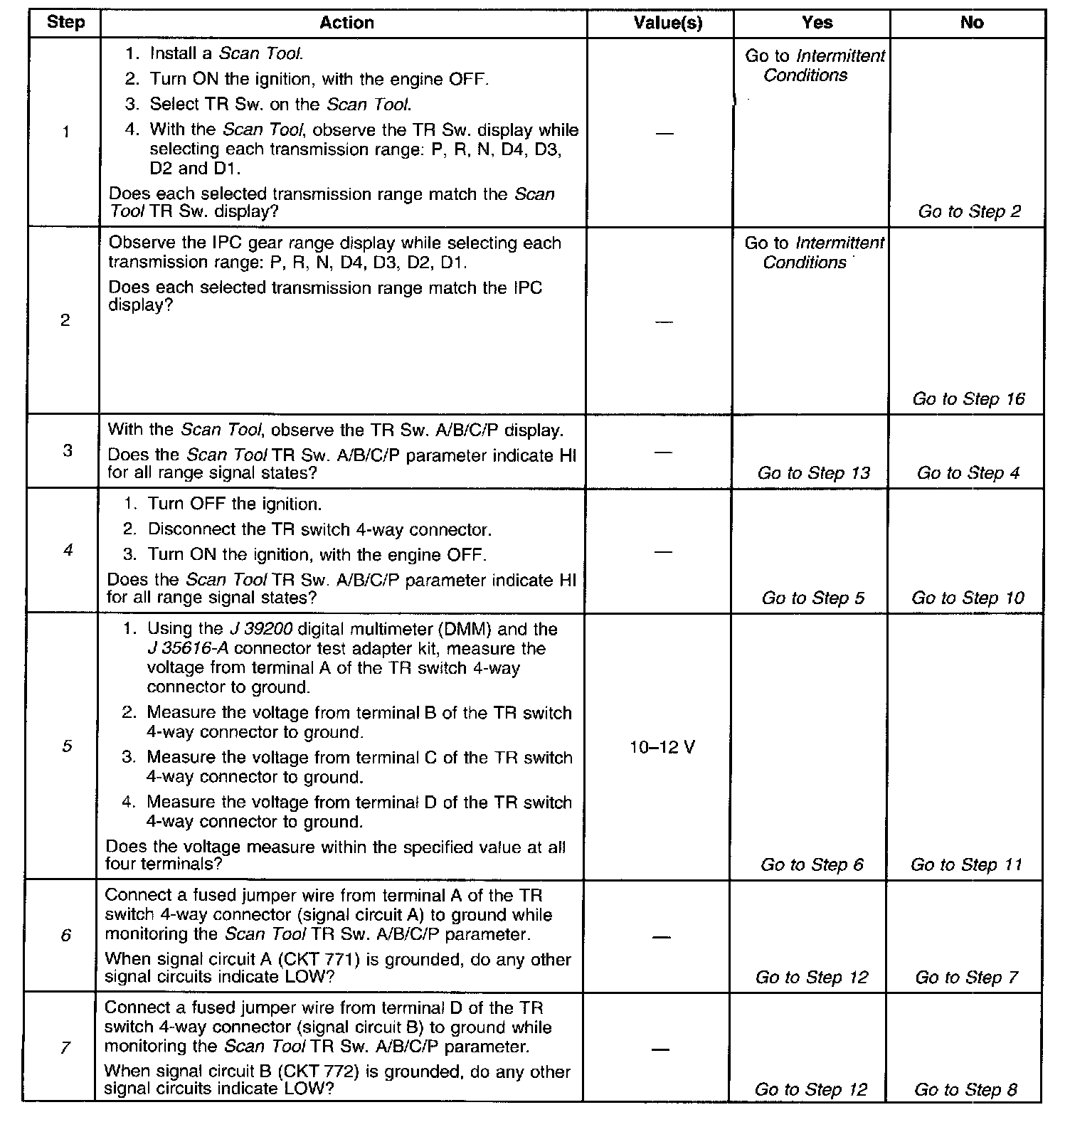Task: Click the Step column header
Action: (65, 23)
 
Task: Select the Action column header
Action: (346, 23)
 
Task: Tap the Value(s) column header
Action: (667, 23)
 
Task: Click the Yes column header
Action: (817, 23)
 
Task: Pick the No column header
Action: (971, 23)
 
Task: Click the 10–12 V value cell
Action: (662, 748)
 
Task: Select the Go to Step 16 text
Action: (968, 399)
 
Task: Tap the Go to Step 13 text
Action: (813, 473)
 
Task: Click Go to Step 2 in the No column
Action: (970, 211)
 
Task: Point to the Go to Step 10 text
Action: (968, 598)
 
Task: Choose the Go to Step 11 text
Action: (966, 865)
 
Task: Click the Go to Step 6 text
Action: (812, 865)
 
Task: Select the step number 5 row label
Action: (66, 746)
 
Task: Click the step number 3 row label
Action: (67, 451)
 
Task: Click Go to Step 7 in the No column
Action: (966, 978)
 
